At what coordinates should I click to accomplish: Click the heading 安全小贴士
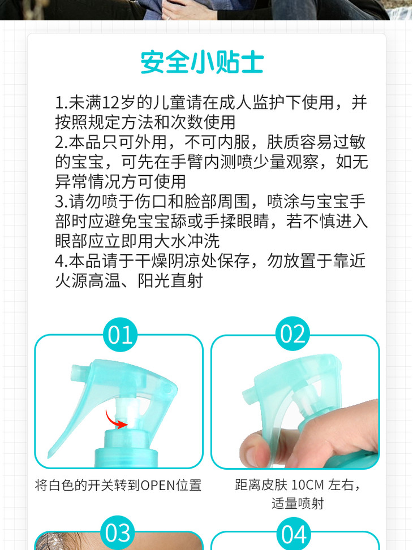tap(202, 62)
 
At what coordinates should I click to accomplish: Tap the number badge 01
tap(120, 335)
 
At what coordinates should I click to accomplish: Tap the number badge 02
tap(292, 334)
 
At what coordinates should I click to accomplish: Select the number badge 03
tap(118, 532)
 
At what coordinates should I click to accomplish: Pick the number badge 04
tap(294, 534)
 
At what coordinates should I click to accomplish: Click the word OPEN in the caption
tap(158, 486)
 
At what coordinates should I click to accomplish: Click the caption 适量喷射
tap(298, 503)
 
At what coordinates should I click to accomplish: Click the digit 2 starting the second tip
tap(60, 142)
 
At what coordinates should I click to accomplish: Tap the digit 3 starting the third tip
tap(60, 202)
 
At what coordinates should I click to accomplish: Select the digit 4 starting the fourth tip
tap(60, 261)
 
